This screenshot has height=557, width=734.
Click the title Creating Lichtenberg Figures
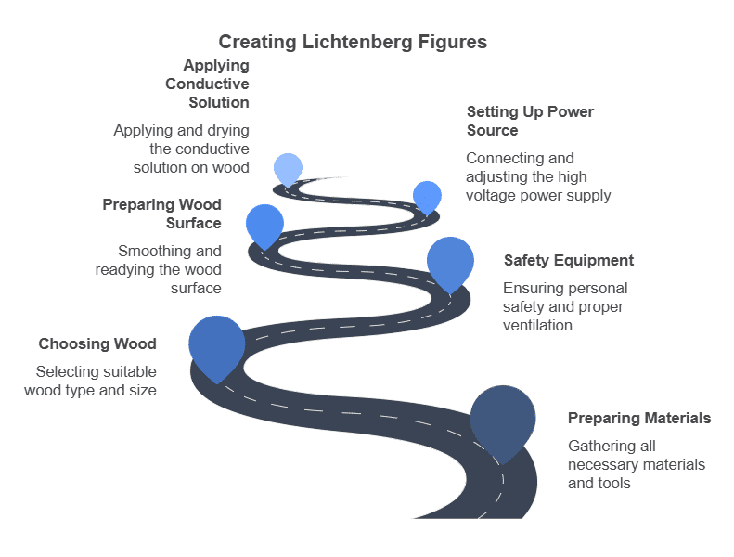coord(353,42)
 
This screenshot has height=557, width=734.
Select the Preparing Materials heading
coord(638,418)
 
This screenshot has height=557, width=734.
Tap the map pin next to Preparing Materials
coord(503,418)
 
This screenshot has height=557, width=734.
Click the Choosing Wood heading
coord(97,343)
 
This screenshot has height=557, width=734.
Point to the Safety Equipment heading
coord(568,260)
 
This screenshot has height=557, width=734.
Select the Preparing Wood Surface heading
coord(162,214)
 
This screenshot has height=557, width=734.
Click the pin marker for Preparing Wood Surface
coord(264,223)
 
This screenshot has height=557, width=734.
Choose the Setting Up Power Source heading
coord(530,121)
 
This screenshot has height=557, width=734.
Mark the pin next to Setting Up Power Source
coord(427,195)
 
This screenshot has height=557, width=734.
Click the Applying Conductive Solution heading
coord(208,84)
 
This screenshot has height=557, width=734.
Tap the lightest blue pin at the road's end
coord(289,167)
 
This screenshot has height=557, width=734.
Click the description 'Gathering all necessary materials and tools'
coord(636,464)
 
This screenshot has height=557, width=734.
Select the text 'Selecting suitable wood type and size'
coord(91,381)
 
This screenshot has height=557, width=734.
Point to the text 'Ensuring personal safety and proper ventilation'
coord(565,306)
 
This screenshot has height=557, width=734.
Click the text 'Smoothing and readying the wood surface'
coord(160,269)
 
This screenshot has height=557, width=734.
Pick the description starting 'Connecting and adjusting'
coord(538,176)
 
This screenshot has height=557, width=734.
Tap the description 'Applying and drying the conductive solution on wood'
coord(182,149)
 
